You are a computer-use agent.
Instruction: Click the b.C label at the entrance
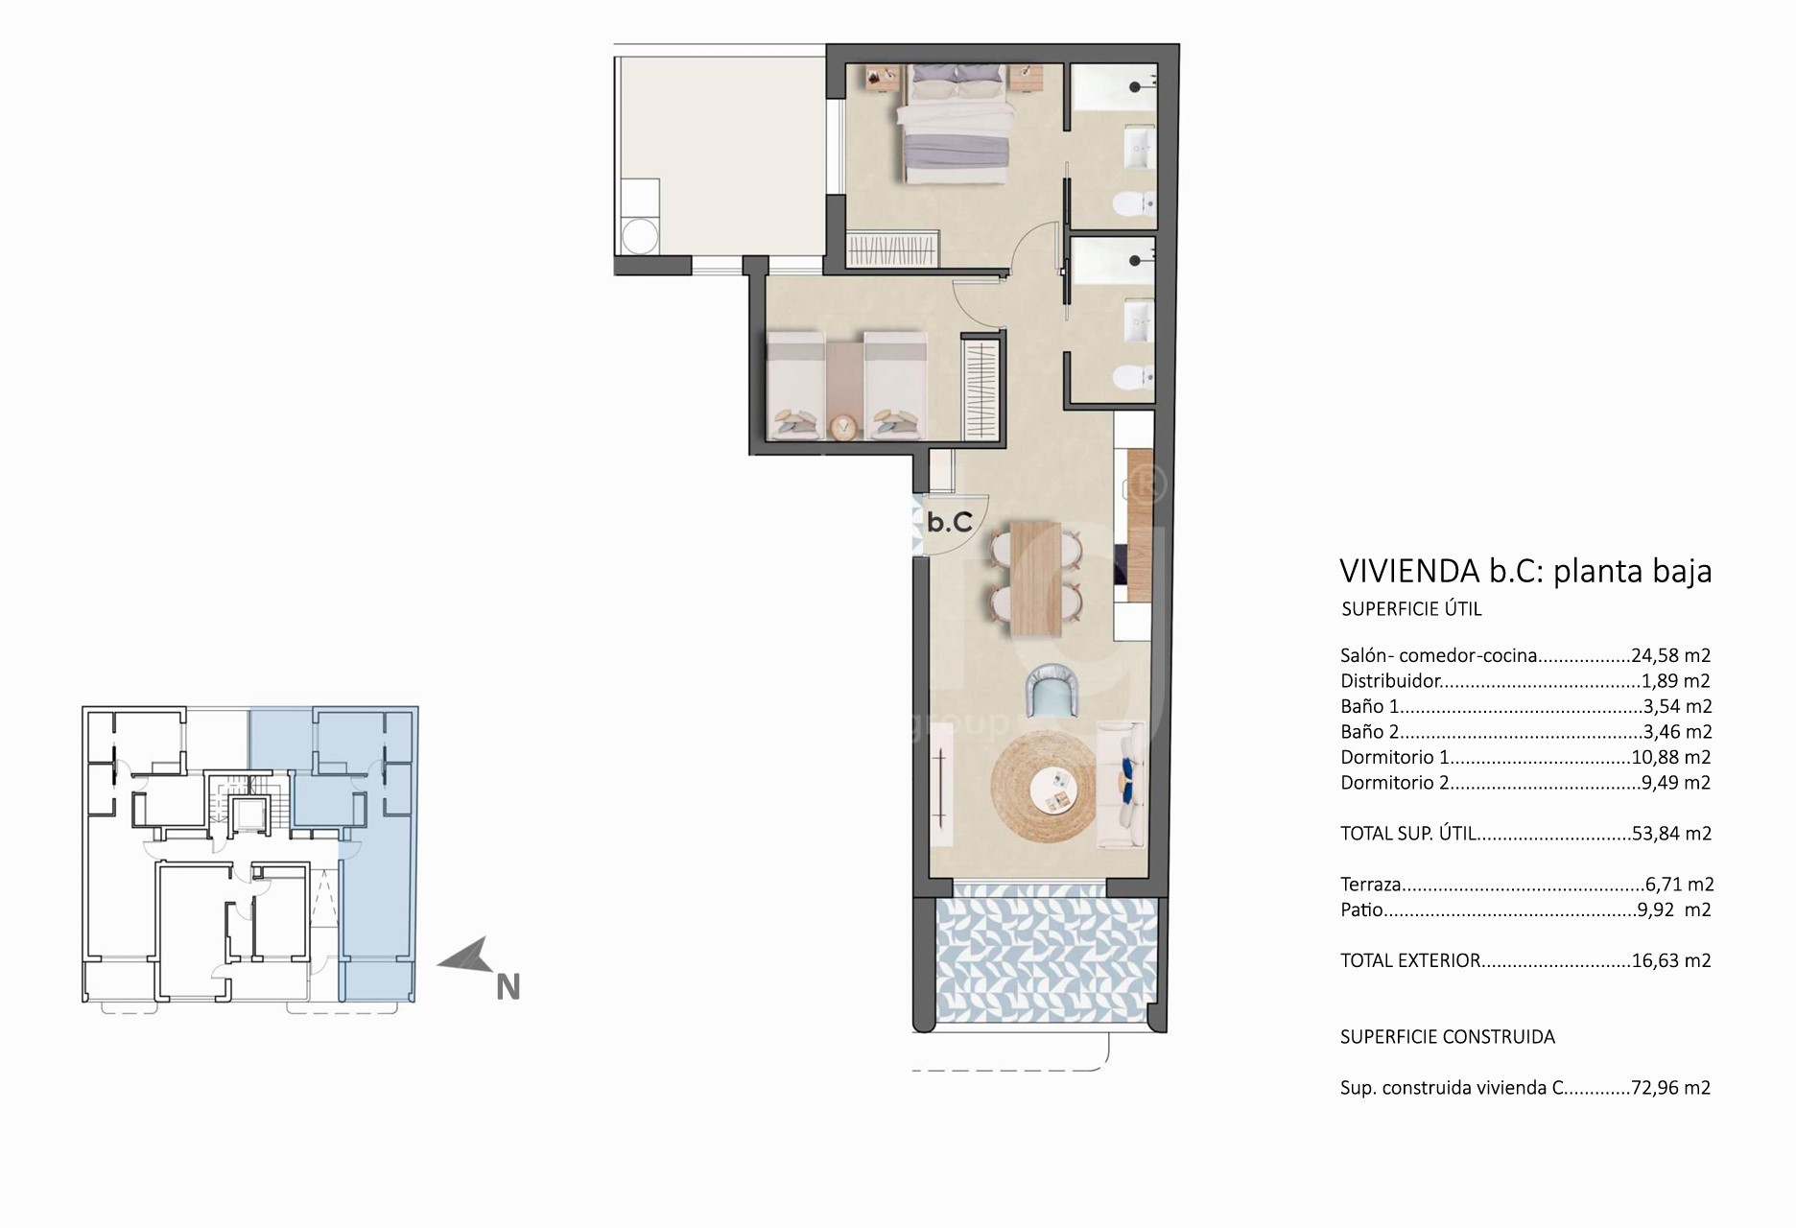pyautogui.click(x=950, y=522)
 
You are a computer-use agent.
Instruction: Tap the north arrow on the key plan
pyautogui.click(x=464, y=957)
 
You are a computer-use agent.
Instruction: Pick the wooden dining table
pyautogui.click(x=1036, y=579)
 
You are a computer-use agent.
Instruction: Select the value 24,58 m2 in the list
pyautogui.click(x=1670, y=656)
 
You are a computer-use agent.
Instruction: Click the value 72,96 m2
pyautogui.click(x=1670, y=1088)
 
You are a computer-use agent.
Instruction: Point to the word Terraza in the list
pyautogui.click(x=1371, y=885)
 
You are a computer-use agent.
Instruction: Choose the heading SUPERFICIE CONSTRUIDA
pyautogui.click(x=1448, y=1036)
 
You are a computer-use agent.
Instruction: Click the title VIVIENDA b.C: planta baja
pyautogui.click(x=1525, y=571)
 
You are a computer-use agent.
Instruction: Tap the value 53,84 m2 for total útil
pyautogui.click(x=1671, y=834)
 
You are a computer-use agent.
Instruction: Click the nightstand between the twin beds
pyautogui.click(x=844, y=425)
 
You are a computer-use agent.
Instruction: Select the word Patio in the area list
pyautogui.click(x=1361, y=909)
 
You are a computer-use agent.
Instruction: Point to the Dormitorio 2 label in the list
pyautogui.click(x=1394, y=783)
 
